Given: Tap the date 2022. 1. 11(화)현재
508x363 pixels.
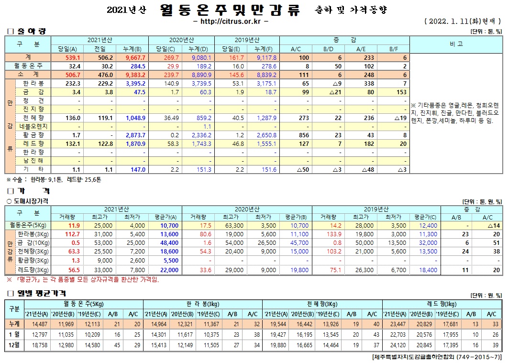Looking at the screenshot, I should [463, 22].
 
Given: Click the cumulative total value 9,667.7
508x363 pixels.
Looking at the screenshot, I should [135, 57].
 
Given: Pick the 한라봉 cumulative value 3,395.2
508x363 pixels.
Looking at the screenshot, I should [135, 83].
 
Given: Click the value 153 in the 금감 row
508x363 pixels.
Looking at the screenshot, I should [401, 92].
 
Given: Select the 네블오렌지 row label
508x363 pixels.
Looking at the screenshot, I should [34, 126].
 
